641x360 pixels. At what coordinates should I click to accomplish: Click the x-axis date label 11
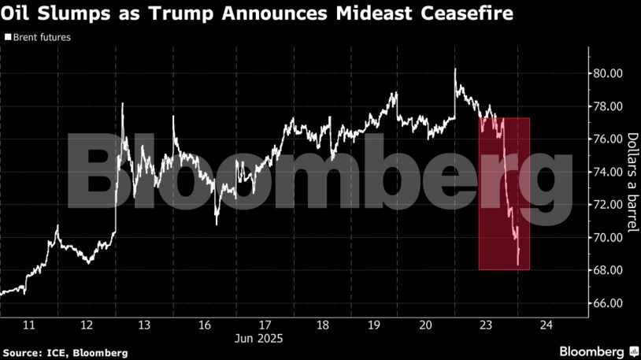coord(29,325)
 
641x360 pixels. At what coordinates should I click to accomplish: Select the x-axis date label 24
coord(546,325)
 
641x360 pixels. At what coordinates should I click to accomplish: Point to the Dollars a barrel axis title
coord(631,182)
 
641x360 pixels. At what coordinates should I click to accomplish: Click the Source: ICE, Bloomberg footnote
coord(65,352)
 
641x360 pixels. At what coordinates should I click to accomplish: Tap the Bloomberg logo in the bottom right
coord(598,351)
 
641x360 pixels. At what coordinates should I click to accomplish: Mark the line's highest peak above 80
coord(455,69)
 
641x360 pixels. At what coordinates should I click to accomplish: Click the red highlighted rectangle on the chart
coord(504,194)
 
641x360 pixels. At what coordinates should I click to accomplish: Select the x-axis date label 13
coord(144,325)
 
